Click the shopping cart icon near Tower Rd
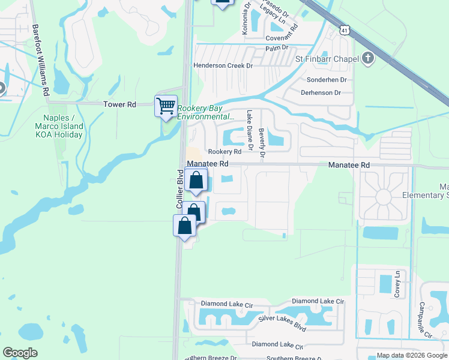pos(166,106)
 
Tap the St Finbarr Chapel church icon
pos(368,58)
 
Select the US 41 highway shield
pos(343,29)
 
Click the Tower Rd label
pos(120,104)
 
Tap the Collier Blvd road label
pos(179,190)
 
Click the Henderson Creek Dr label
pos(223,65)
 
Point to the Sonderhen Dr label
pos(327,79)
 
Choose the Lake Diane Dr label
pos(250,127)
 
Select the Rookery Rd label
pos(224,152)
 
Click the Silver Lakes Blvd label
pos(282,325)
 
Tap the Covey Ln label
pos(397,284)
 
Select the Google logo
pos(20,353)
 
